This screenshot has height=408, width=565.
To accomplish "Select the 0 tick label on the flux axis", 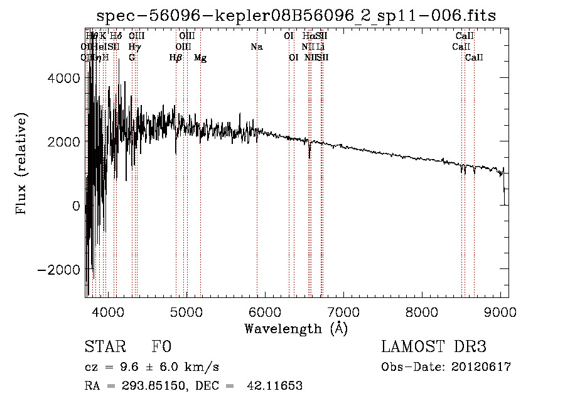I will (x=76, y=206).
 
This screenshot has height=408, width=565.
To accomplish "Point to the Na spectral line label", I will (x=256, y=47).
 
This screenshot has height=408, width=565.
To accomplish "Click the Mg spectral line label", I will (x=200, y=58).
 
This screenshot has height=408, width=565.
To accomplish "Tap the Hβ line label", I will (x=176, y=58).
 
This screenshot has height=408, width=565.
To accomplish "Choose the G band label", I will (x=132, y=57).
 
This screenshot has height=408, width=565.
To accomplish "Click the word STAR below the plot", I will (x=104, y=347).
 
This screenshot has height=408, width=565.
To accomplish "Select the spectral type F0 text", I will (x=161, y=347).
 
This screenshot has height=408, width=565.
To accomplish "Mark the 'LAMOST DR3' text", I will (x=434, y=347).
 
